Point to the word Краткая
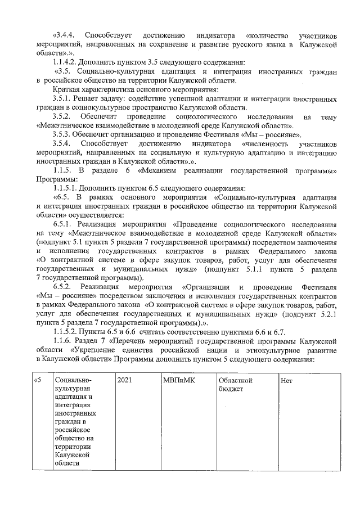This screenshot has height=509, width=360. coord(66,89)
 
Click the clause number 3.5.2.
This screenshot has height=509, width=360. coord(61,116)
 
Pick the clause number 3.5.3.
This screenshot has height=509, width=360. coord(61,134)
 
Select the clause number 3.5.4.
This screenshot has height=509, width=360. coord(61,143)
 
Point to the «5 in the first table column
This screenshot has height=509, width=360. coord(38,381)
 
